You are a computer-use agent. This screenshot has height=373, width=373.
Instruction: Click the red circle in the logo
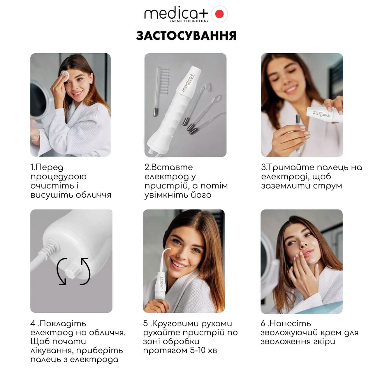[219, 14]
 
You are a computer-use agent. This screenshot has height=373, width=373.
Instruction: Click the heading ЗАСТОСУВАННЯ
[186, 36]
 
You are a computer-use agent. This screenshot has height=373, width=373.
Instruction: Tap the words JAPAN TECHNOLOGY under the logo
[189, 21]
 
